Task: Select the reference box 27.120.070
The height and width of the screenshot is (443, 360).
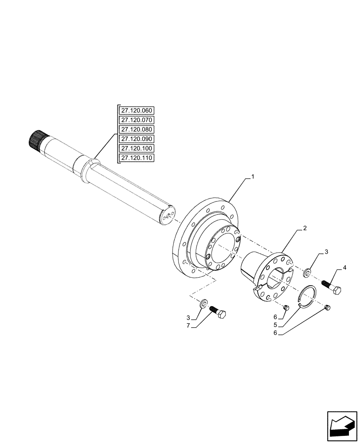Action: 136,120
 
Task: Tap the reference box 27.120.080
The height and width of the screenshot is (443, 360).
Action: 136,129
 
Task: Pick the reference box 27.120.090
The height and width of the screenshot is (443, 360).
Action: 136,139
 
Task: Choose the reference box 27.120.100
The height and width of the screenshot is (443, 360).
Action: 136,148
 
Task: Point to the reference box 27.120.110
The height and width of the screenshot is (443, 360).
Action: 136,158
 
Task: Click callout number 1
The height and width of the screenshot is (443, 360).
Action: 252,177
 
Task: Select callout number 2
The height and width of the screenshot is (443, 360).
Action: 305,228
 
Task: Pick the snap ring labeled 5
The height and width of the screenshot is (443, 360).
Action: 306,295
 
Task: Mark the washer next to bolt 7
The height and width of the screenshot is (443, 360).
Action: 204,303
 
